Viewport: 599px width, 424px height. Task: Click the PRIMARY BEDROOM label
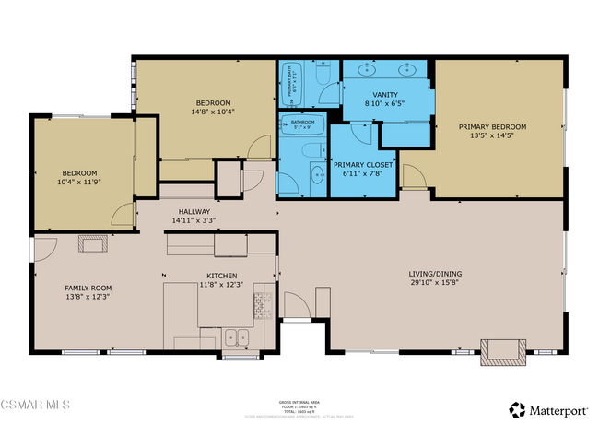click(x=498, y=127)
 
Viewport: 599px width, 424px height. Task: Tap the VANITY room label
click(x=385, y=95)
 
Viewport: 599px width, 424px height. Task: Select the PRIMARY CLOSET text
click(x=368, y=164)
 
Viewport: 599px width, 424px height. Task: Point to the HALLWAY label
click(x=194, y=211)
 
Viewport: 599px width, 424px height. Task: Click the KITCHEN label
click(x=222, y=276)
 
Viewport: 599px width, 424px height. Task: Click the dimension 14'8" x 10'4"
click(x=213, y=112)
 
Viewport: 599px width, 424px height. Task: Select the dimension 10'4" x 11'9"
click(x=80, y=183)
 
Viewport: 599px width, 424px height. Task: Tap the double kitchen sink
click(x=237, y=337)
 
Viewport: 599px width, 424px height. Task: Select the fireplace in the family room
click(x=92, y=243)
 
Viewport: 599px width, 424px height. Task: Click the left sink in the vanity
click(x=369, y=68)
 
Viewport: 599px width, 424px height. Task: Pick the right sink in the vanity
click(x=406, y=68)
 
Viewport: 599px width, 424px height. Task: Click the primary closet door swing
click(x=360, y=135)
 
